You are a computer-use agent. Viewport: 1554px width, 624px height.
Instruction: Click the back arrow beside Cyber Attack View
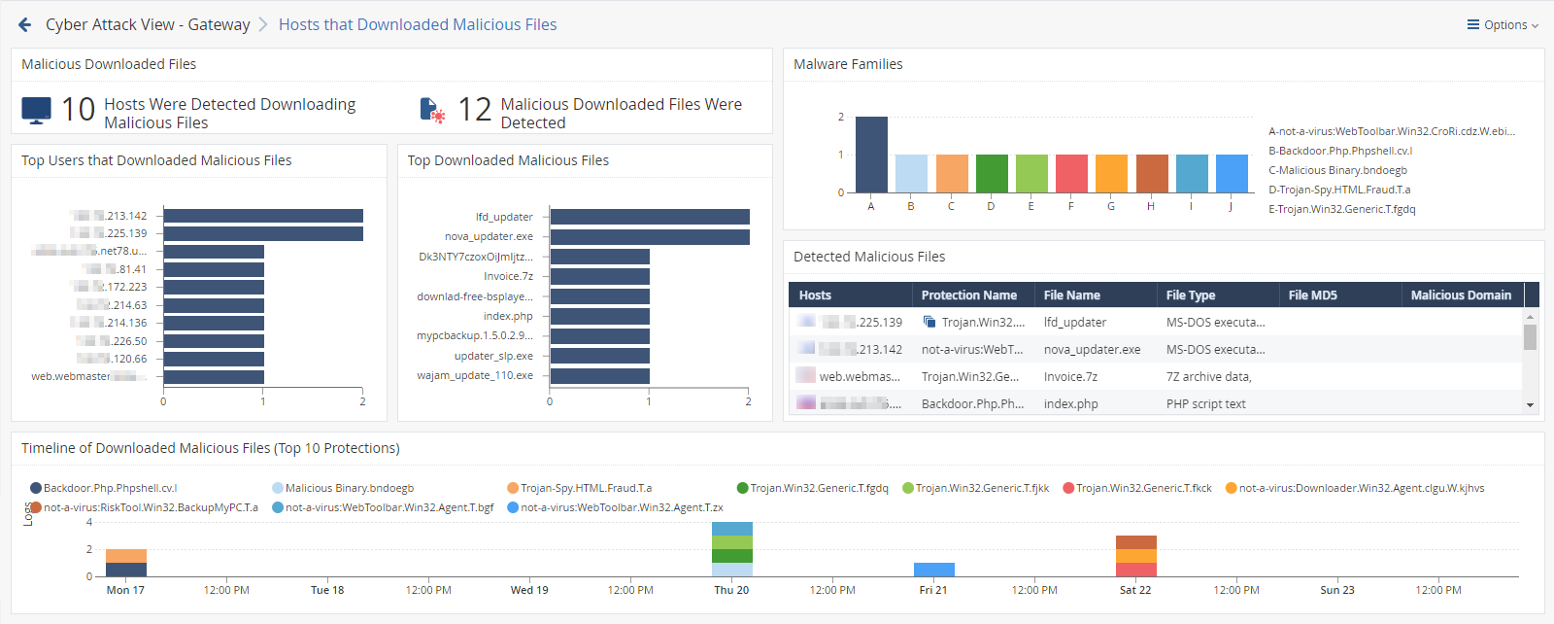click(x=24, y=25)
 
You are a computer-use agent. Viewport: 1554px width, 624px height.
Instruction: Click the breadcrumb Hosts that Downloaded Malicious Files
click(x=418, y=25)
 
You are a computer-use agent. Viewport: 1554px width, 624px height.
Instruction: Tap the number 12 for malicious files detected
click(x=475, y=110)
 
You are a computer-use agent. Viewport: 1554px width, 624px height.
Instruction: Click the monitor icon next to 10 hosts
click(x=36, y=111)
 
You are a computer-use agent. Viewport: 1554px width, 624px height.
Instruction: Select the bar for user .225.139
click(x=263, y=233)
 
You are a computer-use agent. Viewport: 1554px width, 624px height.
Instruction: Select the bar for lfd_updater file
click(x=650, y=217)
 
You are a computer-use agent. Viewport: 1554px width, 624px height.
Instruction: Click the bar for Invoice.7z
click(x=600, y=276)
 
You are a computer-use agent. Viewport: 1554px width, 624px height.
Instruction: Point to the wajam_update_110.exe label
click(x=476, y=375)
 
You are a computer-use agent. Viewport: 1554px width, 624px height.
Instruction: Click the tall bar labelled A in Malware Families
click(x=871, y=155)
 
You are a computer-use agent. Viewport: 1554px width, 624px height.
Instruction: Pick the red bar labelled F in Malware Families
click(x=1070, y=173)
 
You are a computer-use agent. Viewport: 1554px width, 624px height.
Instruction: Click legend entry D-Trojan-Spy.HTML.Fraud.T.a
click(x=1339, y=190)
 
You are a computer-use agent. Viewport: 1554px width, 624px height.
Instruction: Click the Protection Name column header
click(x=968, y=295)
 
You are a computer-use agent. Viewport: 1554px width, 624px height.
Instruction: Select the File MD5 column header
click(x=1312, y=295)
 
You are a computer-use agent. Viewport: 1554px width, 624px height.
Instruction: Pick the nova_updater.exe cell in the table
click(x=1092, y=350)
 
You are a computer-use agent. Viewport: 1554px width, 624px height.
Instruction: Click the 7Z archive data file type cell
click(x=1208, y=377)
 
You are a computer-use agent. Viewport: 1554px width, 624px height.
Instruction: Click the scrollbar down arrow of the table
click(x=1530, y=405)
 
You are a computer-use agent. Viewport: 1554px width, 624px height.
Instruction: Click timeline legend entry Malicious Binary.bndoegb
click(x=349, y=488)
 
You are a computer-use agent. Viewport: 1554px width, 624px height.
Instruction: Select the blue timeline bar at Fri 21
click(x=933, y=570)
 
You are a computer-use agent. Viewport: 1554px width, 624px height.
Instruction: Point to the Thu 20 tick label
click(x=731, y=590)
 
